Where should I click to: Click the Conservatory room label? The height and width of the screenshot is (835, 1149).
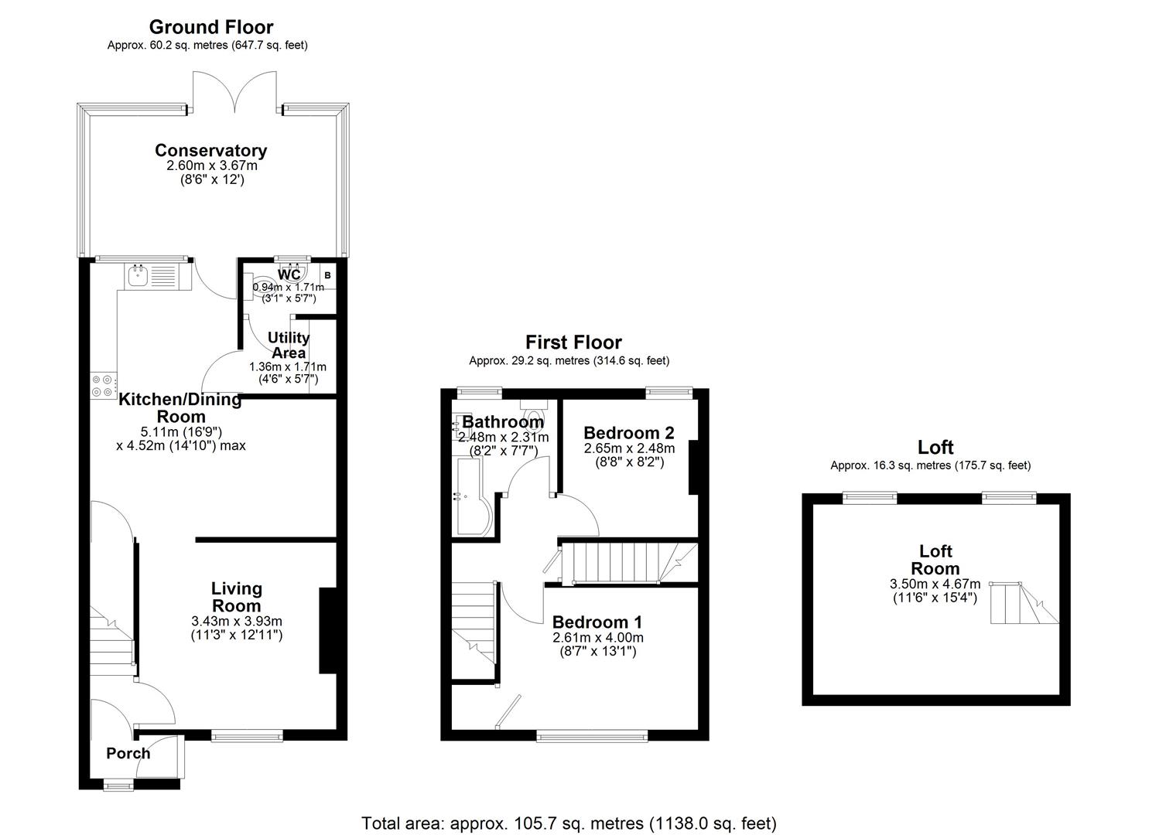pyautogui.click(x=210, y=151)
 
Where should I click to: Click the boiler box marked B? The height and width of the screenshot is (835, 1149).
pyautogui.click(x=327, y=275)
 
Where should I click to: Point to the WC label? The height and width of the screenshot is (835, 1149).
pyautogui.click(x=289, y=275)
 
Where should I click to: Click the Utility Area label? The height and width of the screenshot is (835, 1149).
pyautogui.click(x=288, y=345)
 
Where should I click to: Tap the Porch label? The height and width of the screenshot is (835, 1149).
pyautogui.click(x=128, y=753)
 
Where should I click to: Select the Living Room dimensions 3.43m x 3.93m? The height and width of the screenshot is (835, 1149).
pyautogui.click(x=237, y=621)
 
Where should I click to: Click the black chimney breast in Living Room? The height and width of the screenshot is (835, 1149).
pyautogui.click(x=328, y=631)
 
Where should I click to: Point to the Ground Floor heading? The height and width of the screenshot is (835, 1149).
pyautogui.click(x=210, y=28)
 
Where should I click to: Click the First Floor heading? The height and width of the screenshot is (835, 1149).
pyautogui.click(x=573, y=343)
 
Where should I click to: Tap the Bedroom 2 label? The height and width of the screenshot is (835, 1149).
pyautogui.click(x=628, y=433)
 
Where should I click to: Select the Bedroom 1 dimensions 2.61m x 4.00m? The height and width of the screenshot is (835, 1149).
pyautogui.click(x=597, y=638)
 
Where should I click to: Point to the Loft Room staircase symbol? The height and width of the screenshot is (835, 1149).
pyautogui.click(x=1023, y=602)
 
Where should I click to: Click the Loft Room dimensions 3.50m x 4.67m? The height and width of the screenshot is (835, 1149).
pyautogui.click(x=935, y=584)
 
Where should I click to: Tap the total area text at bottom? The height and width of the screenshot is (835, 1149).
pyautogui.click(x=569, y=823)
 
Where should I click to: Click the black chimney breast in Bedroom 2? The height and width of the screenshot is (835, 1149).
pyautogui.click(x=694, y=467)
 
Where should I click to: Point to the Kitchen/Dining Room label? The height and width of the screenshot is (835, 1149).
pyautogui.click(x=180, y=407)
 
